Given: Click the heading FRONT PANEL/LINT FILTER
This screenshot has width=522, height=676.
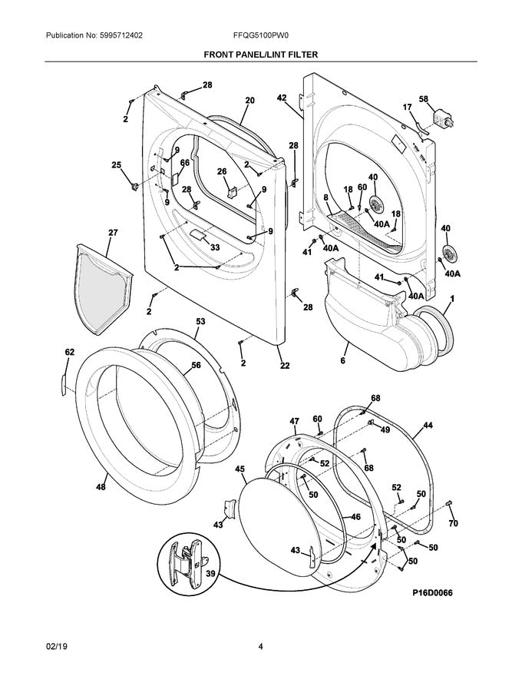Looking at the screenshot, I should (260, 55).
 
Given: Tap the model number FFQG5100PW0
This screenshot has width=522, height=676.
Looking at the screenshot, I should (260, 36).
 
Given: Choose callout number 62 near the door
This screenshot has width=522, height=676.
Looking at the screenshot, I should (69, 353).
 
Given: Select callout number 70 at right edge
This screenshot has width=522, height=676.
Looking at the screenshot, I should (452, 524).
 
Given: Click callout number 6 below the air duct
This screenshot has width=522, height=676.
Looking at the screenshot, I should (342, 360).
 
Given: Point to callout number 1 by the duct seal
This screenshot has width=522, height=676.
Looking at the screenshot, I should (452, 297).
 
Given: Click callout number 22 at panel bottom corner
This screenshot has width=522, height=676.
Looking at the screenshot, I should (285, 366).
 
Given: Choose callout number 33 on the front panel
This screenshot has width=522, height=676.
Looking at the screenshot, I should (215, 247).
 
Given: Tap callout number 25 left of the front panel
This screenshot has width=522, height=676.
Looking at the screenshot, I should (116, 164).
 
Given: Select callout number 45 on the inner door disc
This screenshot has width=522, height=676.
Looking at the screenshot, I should (240, 469).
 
